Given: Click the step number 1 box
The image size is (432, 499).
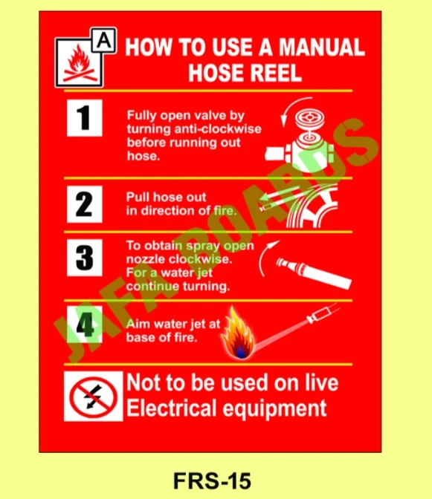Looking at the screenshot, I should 84,119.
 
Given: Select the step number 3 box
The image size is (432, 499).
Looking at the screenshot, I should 84,258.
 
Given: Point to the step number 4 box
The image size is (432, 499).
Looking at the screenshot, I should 84,324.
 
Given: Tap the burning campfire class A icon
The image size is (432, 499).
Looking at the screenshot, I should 76,65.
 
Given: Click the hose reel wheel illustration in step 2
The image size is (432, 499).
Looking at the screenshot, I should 312,209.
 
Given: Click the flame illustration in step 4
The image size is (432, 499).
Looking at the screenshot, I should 239,333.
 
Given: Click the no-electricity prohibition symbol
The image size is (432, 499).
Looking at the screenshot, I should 93,396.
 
